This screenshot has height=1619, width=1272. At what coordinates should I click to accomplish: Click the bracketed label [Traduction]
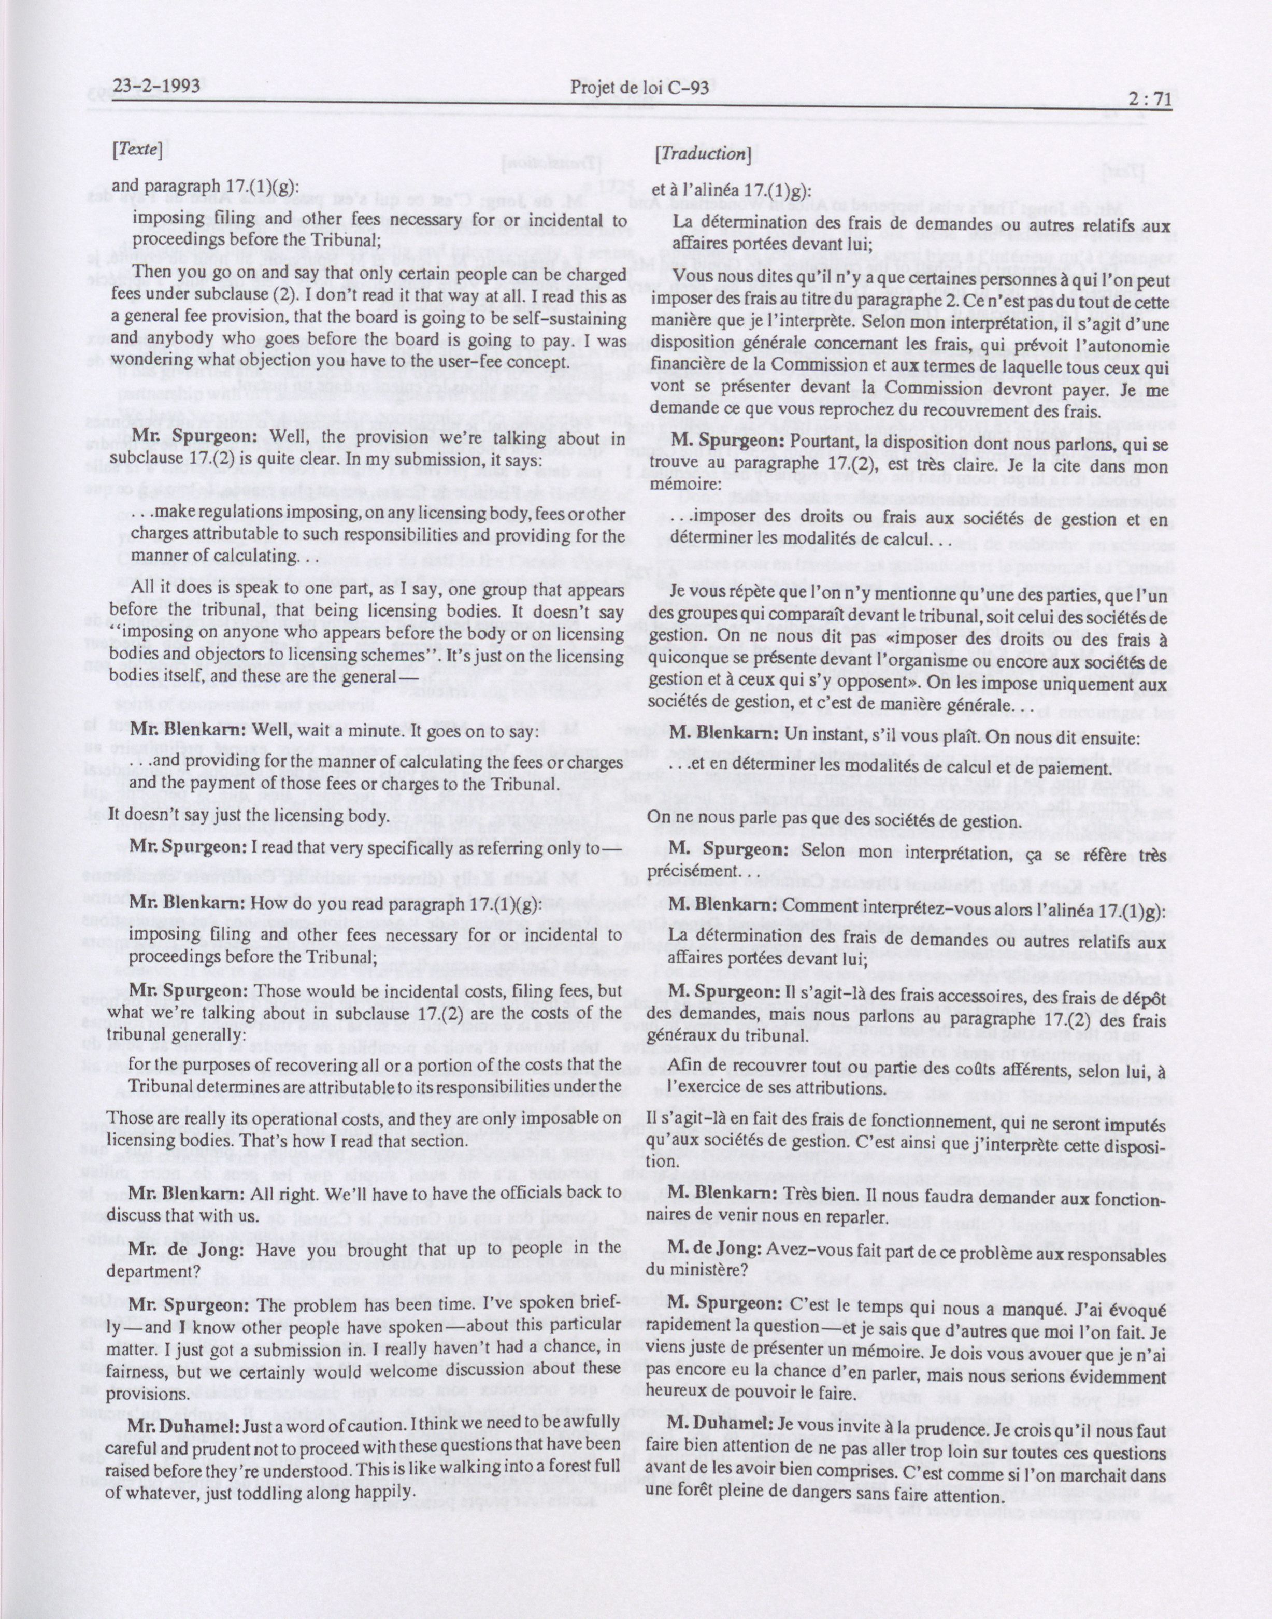click(x=701, y=154)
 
